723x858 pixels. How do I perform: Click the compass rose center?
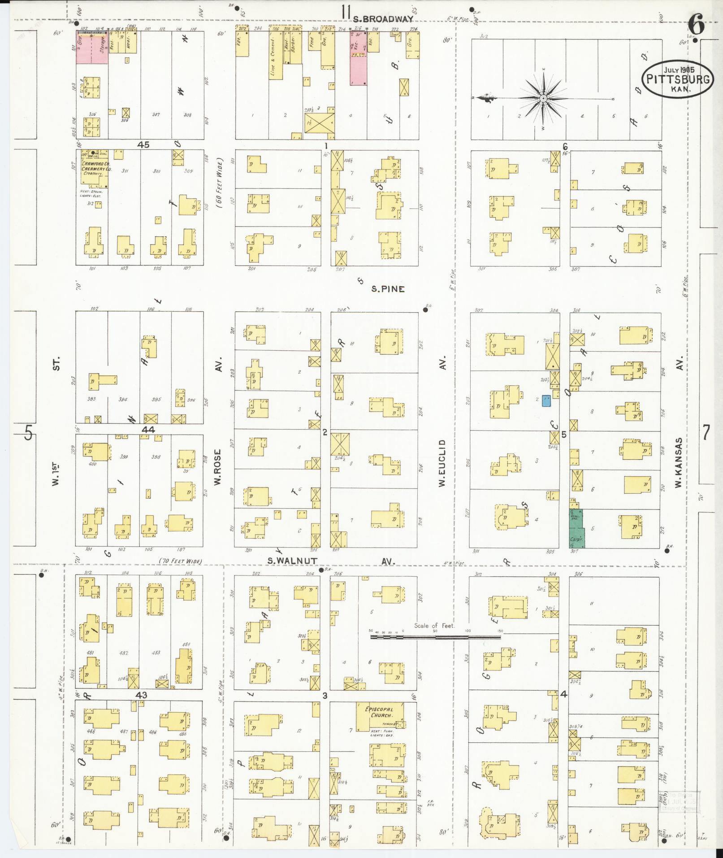pos(543,98)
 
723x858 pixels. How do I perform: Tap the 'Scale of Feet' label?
pos(434,626)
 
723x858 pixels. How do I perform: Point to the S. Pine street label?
pos(387,289)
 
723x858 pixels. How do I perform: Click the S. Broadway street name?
pos(382,19)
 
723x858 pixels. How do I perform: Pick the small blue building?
pos(546,401)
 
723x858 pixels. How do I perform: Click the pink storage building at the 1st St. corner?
pos(91,48)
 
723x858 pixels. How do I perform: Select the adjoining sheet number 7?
pos(706,433)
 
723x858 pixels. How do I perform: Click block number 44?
pos(148,429)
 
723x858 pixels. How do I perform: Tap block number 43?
pos(142,695)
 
